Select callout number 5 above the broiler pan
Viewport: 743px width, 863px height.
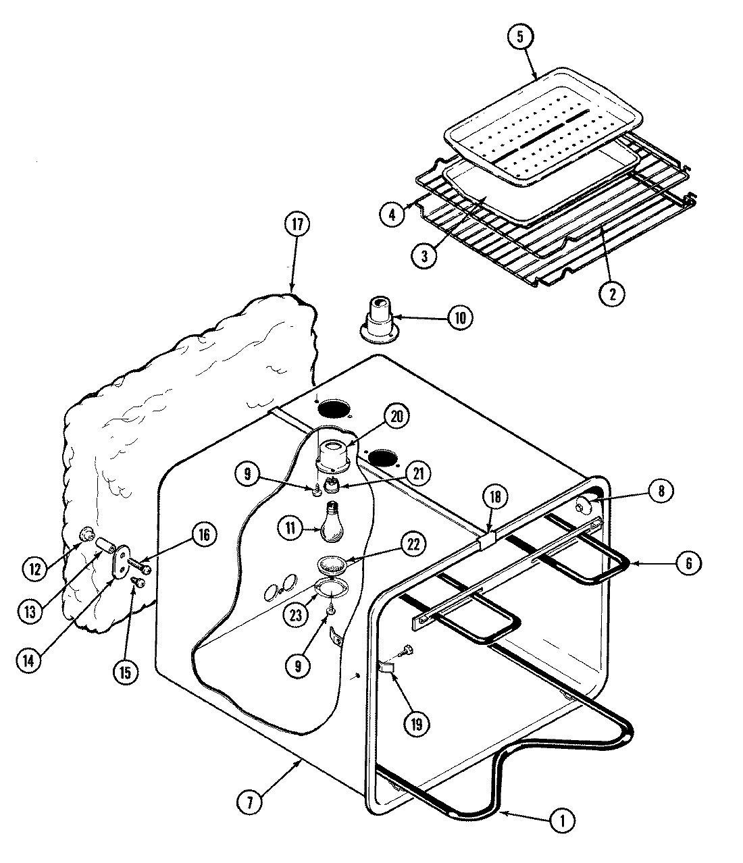520,37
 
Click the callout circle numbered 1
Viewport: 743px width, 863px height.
563,820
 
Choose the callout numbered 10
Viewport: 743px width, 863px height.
459,317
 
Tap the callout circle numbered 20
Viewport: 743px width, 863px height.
397,417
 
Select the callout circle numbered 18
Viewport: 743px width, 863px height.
495,498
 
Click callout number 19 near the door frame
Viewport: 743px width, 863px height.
415,724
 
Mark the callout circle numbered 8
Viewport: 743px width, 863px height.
661,492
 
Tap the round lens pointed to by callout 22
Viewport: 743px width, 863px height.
331,563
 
